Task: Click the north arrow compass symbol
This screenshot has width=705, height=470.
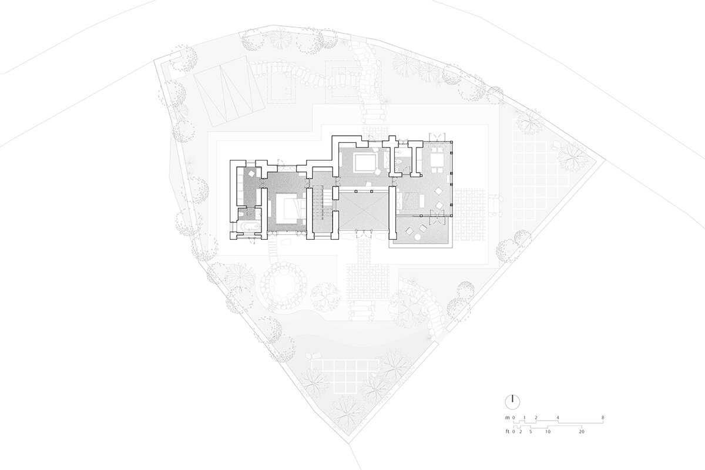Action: click(513, 402)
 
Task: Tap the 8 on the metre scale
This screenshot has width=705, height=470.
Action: click(603, 418)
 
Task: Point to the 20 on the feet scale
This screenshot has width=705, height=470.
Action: click(582, 432)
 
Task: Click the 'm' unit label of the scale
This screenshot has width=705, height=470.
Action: click(508, 418)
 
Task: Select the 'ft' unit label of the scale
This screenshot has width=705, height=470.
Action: click(508, 432)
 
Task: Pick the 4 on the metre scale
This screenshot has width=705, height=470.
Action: click(558, 418)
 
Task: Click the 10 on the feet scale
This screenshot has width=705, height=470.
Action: click(548, 432)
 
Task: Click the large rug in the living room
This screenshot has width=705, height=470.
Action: click(365, 163)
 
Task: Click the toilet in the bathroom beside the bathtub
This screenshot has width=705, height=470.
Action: click(241, 216)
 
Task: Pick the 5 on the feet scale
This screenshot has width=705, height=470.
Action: click(531, 432)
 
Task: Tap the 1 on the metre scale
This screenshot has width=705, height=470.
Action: click(524, 418)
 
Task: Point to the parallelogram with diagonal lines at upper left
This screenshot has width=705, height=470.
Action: click(229, 92)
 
